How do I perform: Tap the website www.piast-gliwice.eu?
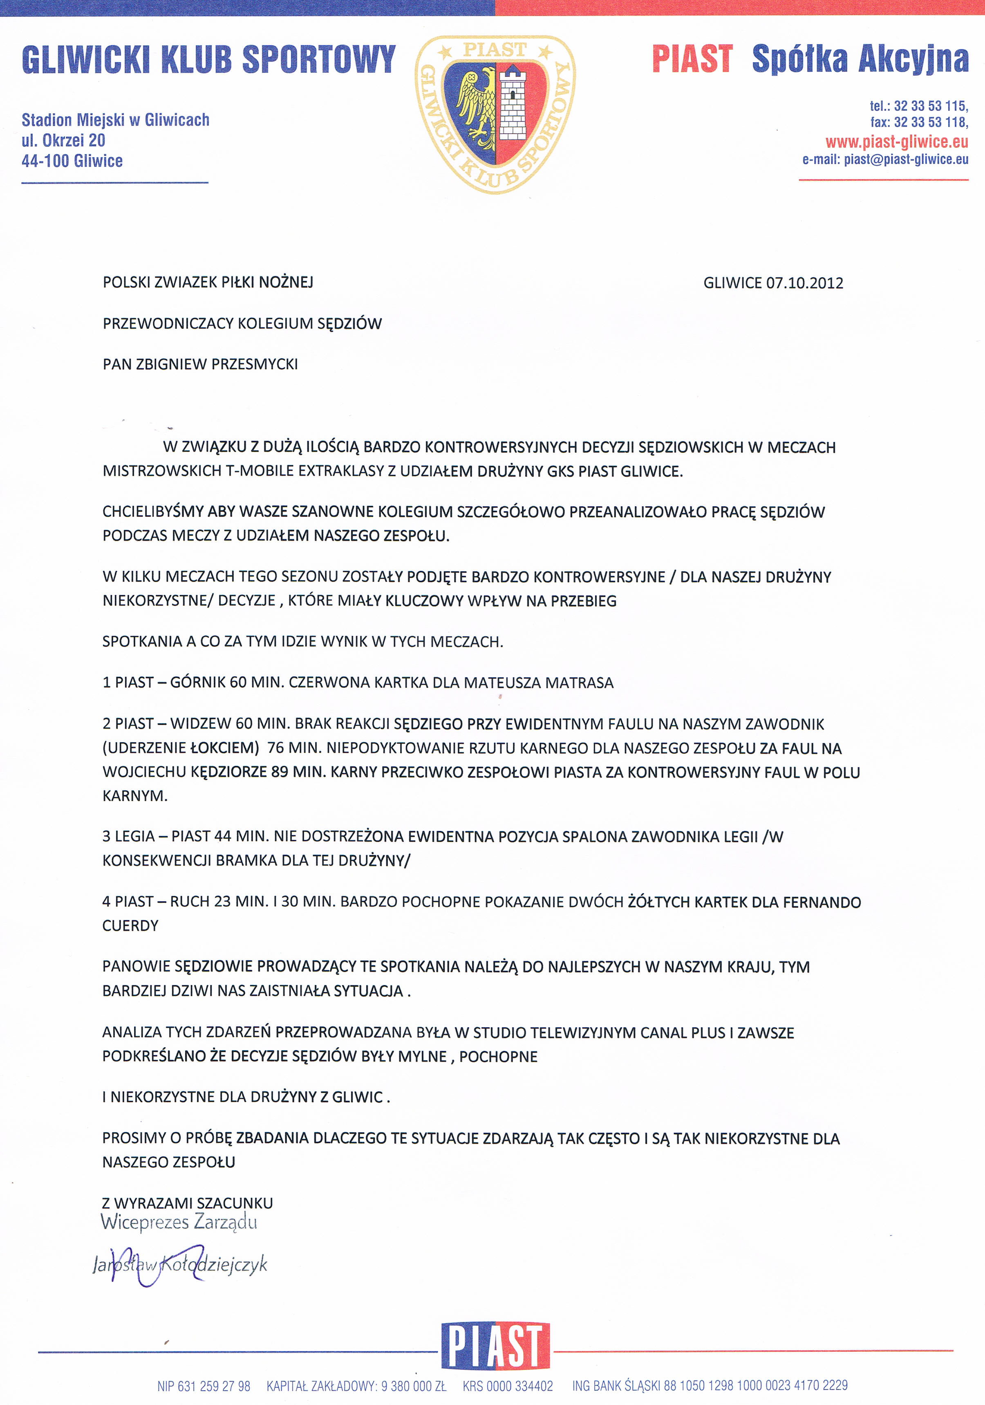[x=896, y=142]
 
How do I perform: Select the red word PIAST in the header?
[x=692, y=59]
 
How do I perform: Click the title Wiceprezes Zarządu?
[x=179, y=1222]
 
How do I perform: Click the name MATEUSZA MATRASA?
[x=538, y=683]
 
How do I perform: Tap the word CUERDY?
[x=130, y=926]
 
